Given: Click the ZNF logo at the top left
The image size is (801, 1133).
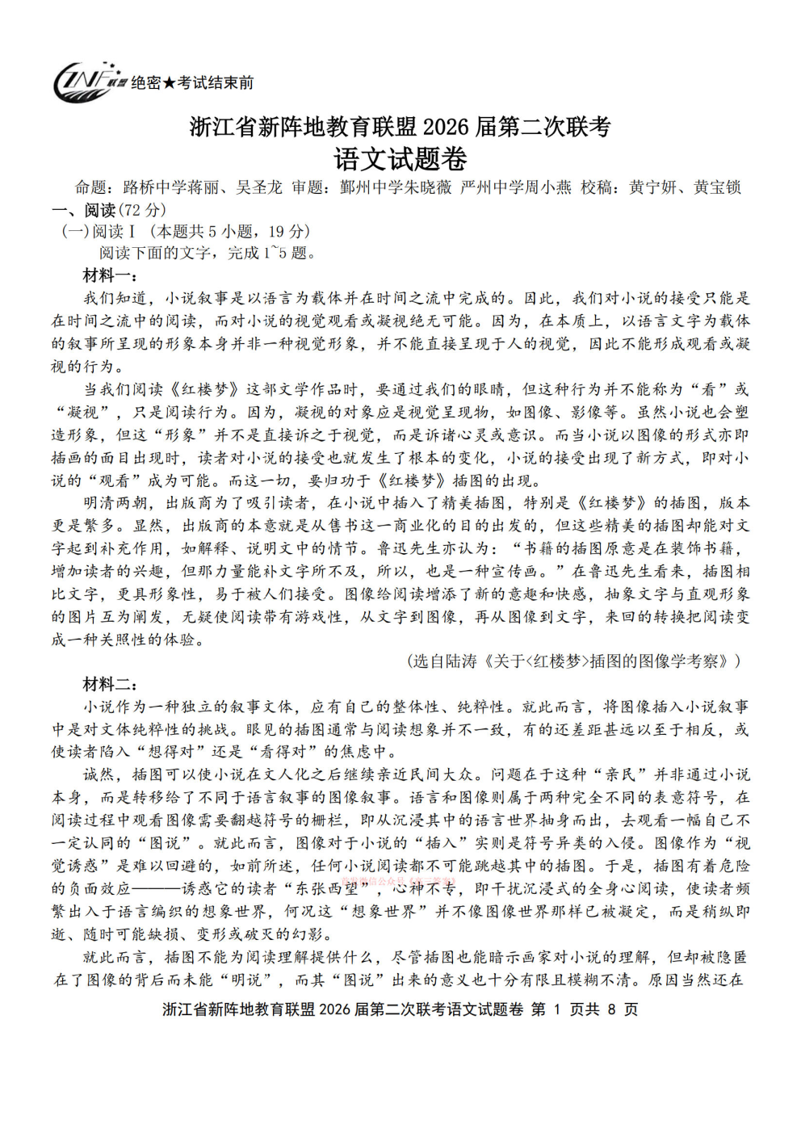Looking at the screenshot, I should click(x=87, y=82).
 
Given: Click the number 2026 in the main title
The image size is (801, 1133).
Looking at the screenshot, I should click(x=445, y=128).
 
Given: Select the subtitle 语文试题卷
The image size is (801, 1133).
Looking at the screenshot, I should click(x=400, y=159).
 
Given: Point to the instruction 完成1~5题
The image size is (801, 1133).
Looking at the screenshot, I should click(x=271, y=253).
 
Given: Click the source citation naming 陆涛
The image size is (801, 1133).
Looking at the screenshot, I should click(x=573, y=661).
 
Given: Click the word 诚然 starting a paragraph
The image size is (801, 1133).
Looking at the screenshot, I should click(x=99, y=774).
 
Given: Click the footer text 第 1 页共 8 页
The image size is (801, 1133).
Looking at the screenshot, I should click(x=585, y=1009).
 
